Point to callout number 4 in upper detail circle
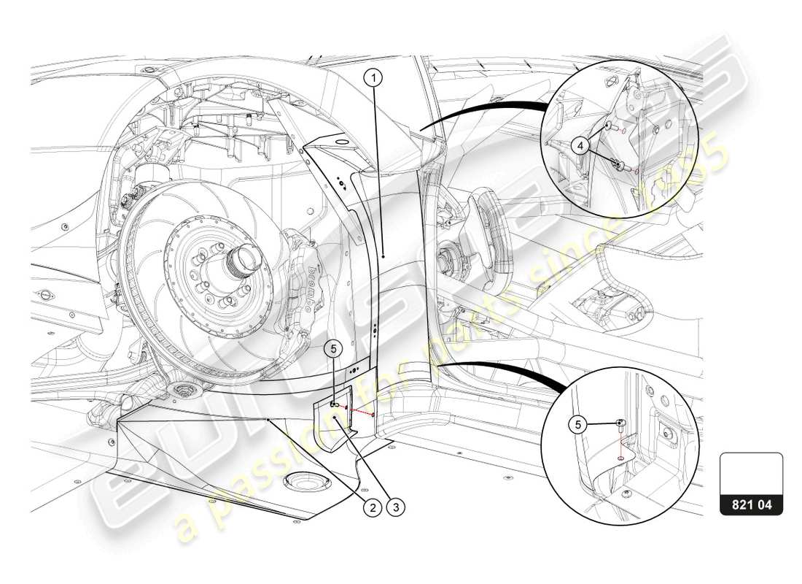pos(580,146)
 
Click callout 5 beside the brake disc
pos(332,350)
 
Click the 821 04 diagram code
pos(751,503)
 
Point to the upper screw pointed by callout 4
pos(607,126)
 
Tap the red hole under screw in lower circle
pos(620,458)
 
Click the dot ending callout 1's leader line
pos(383,257)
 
